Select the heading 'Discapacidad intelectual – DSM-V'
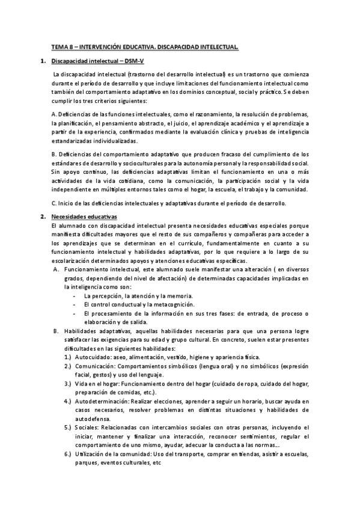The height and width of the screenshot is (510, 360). [x=93, y=61]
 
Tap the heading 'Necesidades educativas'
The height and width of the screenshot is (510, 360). [x=85, y=216]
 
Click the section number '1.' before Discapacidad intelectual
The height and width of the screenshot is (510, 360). [x=43, y=61]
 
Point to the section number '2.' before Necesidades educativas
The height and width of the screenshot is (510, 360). [x=43, y=216]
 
